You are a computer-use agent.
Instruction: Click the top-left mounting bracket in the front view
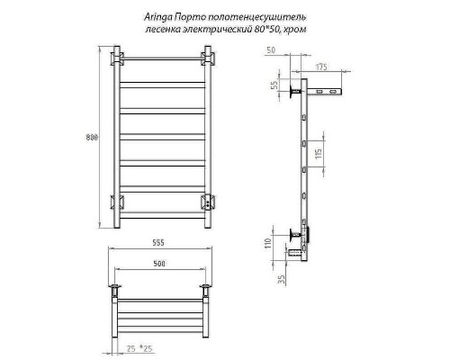click(117, 60)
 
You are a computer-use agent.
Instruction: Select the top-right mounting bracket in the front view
click(209, 60)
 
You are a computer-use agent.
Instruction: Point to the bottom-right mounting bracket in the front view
click(209, 202)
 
